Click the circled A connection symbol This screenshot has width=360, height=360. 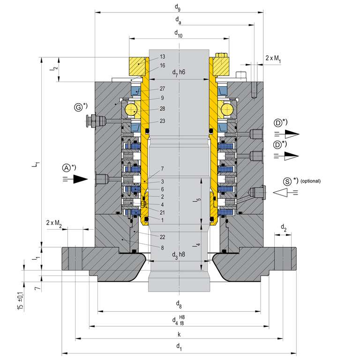pos(67,167)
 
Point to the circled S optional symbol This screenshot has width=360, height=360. pos(287,180)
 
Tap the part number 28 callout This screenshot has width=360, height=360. pos(162,108)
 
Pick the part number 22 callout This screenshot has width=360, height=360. pos(162,237)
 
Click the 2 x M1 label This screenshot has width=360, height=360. pos(273,58)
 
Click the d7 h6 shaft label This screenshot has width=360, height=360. pos(179,72)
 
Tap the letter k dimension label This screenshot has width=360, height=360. pos(179,334)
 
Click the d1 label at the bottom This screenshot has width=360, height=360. pos(179,346)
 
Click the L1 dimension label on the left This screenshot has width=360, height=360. pos(36,165)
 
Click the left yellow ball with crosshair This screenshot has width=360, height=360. pos(132,110)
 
